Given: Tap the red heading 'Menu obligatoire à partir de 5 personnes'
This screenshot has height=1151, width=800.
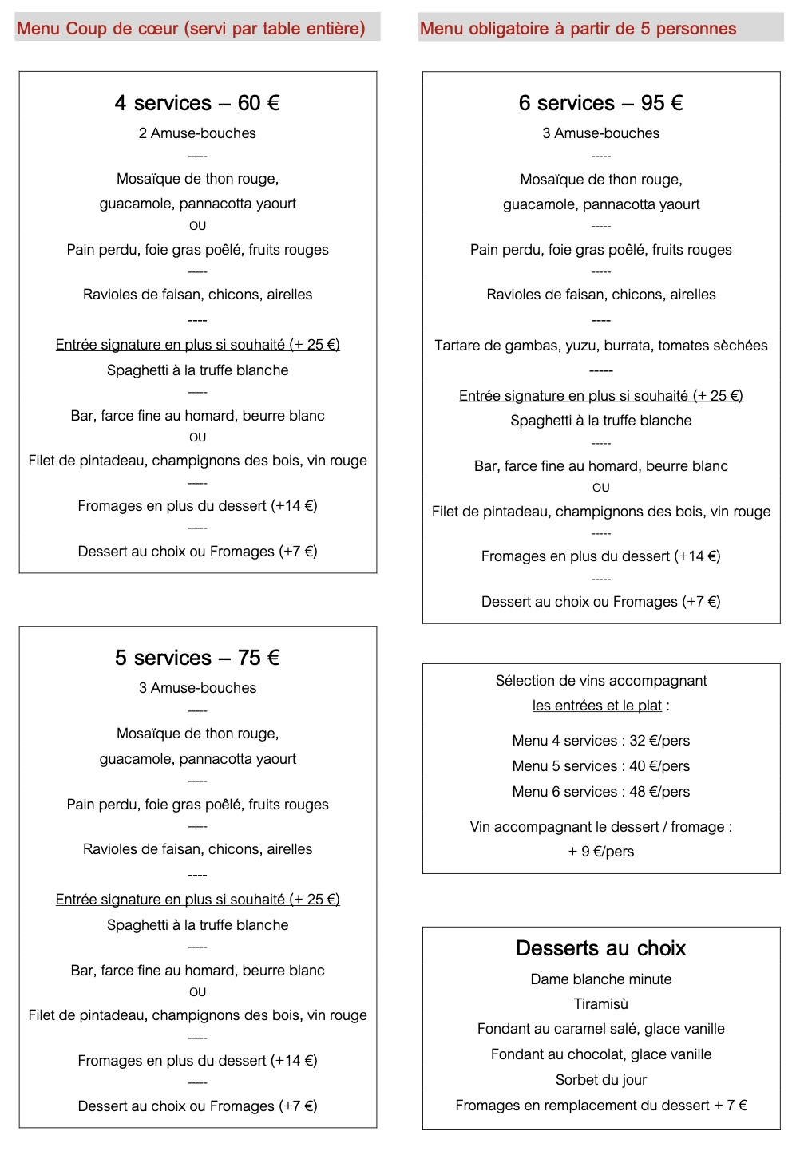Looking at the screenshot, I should click(578, 29).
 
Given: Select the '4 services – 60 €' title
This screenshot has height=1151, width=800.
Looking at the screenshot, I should click(197, 103).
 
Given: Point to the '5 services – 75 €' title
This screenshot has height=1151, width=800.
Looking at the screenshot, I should click(197, 658).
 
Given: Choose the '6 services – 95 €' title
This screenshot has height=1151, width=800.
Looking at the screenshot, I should click(600, 103).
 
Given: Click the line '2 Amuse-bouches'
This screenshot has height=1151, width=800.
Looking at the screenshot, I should click(197, 133).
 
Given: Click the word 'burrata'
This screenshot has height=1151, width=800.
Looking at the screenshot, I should click(623, 346).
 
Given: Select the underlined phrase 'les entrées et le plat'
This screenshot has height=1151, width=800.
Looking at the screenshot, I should click(597, 706).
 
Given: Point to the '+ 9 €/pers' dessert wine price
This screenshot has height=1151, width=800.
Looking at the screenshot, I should click(601, 852).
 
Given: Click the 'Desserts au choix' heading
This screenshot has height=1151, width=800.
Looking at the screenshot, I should click(600, 948).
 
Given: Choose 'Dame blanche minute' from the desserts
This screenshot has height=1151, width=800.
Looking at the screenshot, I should click(601, 979).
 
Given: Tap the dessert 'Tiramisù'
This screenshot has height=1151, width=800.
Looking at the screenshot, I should click(601, 1004).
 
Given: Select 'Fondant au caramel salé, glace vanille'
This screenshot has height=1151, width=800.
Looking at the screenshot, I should click(601, 1029).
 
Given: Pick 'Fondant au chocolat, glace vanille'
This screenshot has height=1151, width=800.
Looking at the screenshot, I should click(601, 1054).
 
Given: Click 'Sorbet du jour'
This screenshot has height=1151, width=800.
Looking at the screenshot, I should click(601, 1080).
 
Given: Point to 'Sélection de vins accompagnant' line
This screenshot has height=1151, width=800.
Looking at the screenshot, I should click(601, 681).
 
